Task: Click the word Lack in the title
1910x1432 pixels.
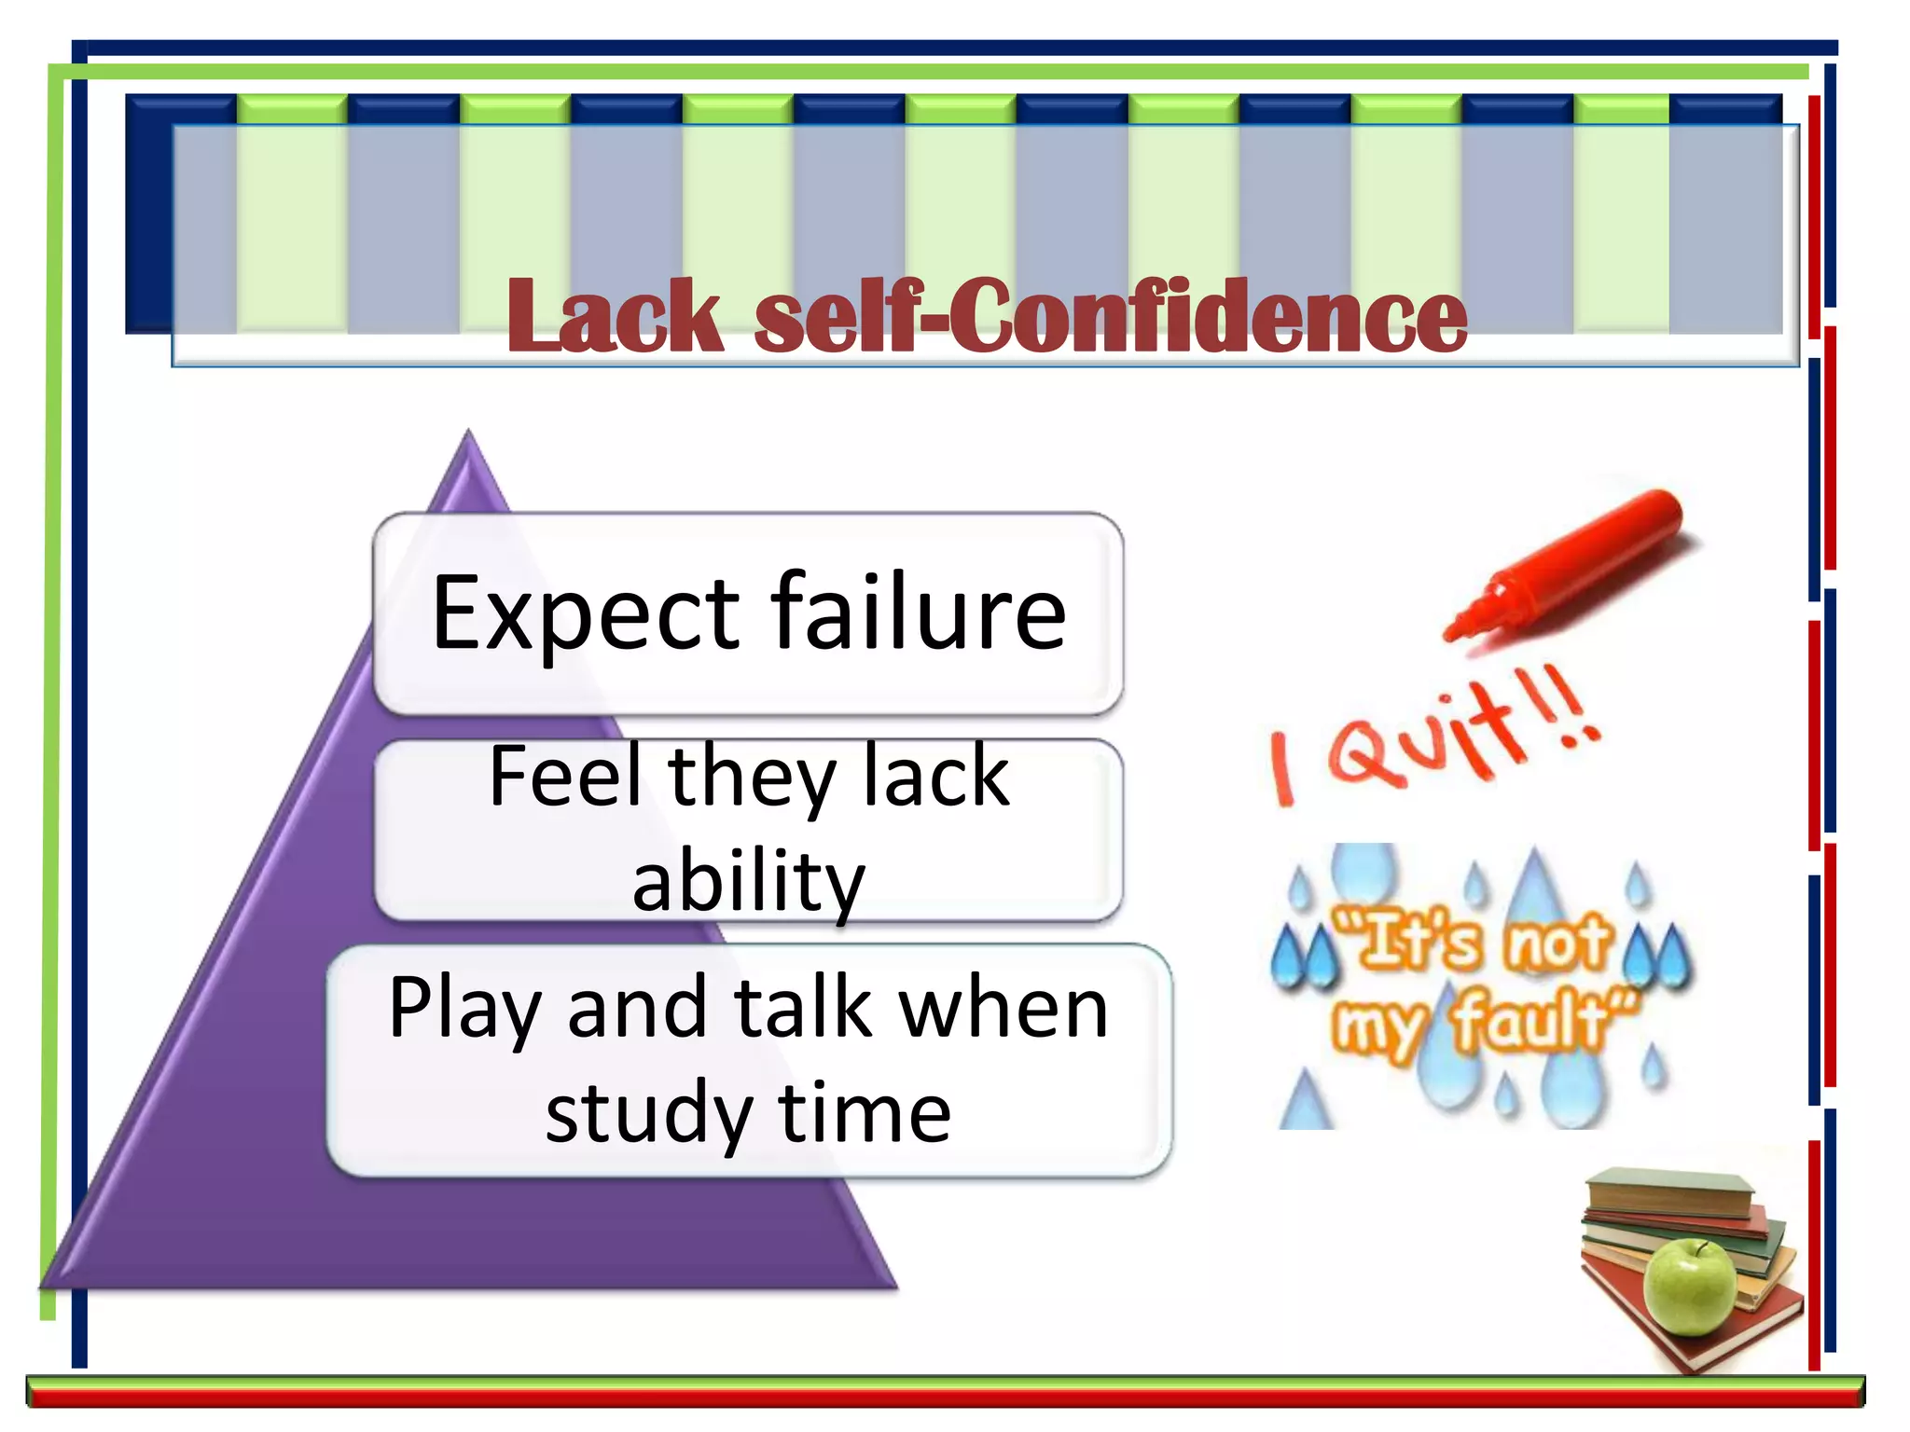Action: click(615, 317)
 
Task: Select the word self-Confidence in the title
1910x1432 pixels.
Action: click(1110, 317)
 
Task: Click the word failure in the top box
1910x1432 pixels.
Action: click(918, 612)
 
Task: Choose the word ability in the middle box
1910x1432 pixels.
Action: click(749, 881)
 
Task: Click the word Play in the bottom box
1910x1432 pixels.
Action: click(464, 1009)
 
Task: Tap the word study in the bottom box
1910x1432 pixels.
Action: click(649, 1114)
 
